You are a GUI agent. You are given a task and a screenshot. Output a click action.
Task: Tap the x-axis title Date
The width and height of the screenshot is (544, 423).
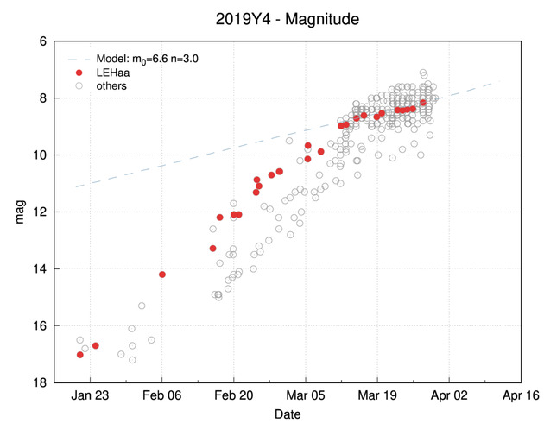[288, 415]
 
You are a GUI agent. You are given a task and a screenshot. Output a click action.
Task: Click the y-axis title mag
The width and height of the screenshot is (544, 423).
[20, 212]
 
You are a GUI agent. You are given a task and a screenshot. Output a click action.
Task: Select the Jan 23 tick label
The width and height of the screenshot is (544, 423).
[90, 396]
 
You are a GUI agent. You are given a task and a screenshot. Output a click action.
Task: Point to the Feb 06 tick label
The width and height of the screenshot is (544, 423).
[161, 396]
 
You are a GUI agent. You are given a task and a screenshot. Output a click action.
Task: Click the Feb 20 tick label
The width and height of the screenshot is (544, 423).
[233, 396]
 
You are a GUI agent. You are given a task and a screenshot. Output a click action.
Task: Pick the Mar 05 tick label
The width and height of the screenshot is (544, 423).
[305, 396]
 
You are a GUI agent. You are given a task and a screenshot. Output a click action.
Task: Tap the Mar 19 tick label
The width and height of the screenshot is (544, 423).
[376, 396]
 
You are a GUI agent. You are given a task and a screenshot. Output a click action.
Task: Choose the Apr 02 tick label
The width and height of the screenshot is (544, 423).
[448, 396]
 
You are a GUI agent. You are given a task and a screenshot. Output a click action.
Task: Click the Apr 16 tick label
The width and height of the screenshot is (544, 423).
[520, 396]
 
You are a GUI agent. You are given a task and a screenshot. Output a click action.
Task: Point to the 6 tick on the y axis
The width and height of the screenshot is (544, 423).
[42, 41]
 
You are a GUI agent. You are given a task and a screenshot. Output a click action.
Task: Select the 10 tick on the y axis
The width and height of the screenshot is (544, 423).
[40, 155]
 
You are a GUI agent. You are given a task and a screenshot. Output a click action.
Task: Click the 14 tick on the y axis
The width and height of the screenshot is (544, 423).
[40, 269]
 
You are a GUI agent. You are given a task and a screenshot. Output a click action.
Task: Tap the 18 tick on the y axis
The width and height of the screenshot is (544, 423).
[40, 383]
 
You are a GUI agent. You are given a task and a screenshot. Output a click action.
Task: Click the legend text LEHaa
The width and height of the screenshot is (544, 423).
[112, 73]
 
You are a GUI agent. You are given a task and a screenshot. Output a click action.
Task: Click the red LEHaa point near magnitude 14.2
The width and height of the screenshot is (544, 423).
[162, 275]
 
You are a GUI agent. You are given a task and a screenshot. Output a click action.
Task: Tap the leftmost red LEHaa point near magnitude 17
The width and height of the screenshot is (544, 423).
[79, 355]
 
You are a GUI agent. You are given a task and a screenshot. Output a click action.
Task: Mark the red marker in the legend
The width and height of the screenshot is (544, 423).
[79, 73]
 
